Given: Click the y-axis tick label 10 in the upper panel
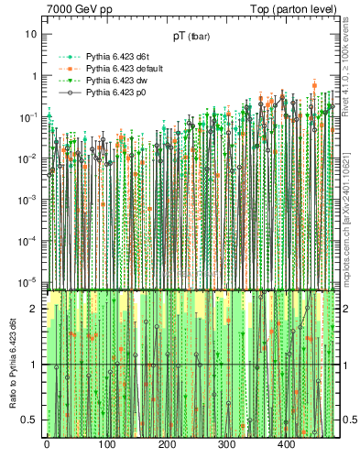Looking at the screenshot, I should [30, 34].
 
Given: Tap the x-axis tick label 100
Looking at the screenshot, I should [106, 445].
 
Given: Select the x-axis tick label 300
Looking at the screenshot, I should [226, 445].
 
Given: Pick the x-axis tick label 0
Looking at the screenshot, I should [47, 445].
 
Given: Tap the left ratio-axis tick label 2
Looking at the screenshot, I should [34, 309].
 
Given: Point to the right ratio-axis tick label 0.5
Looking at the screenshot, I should [349, 420].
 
